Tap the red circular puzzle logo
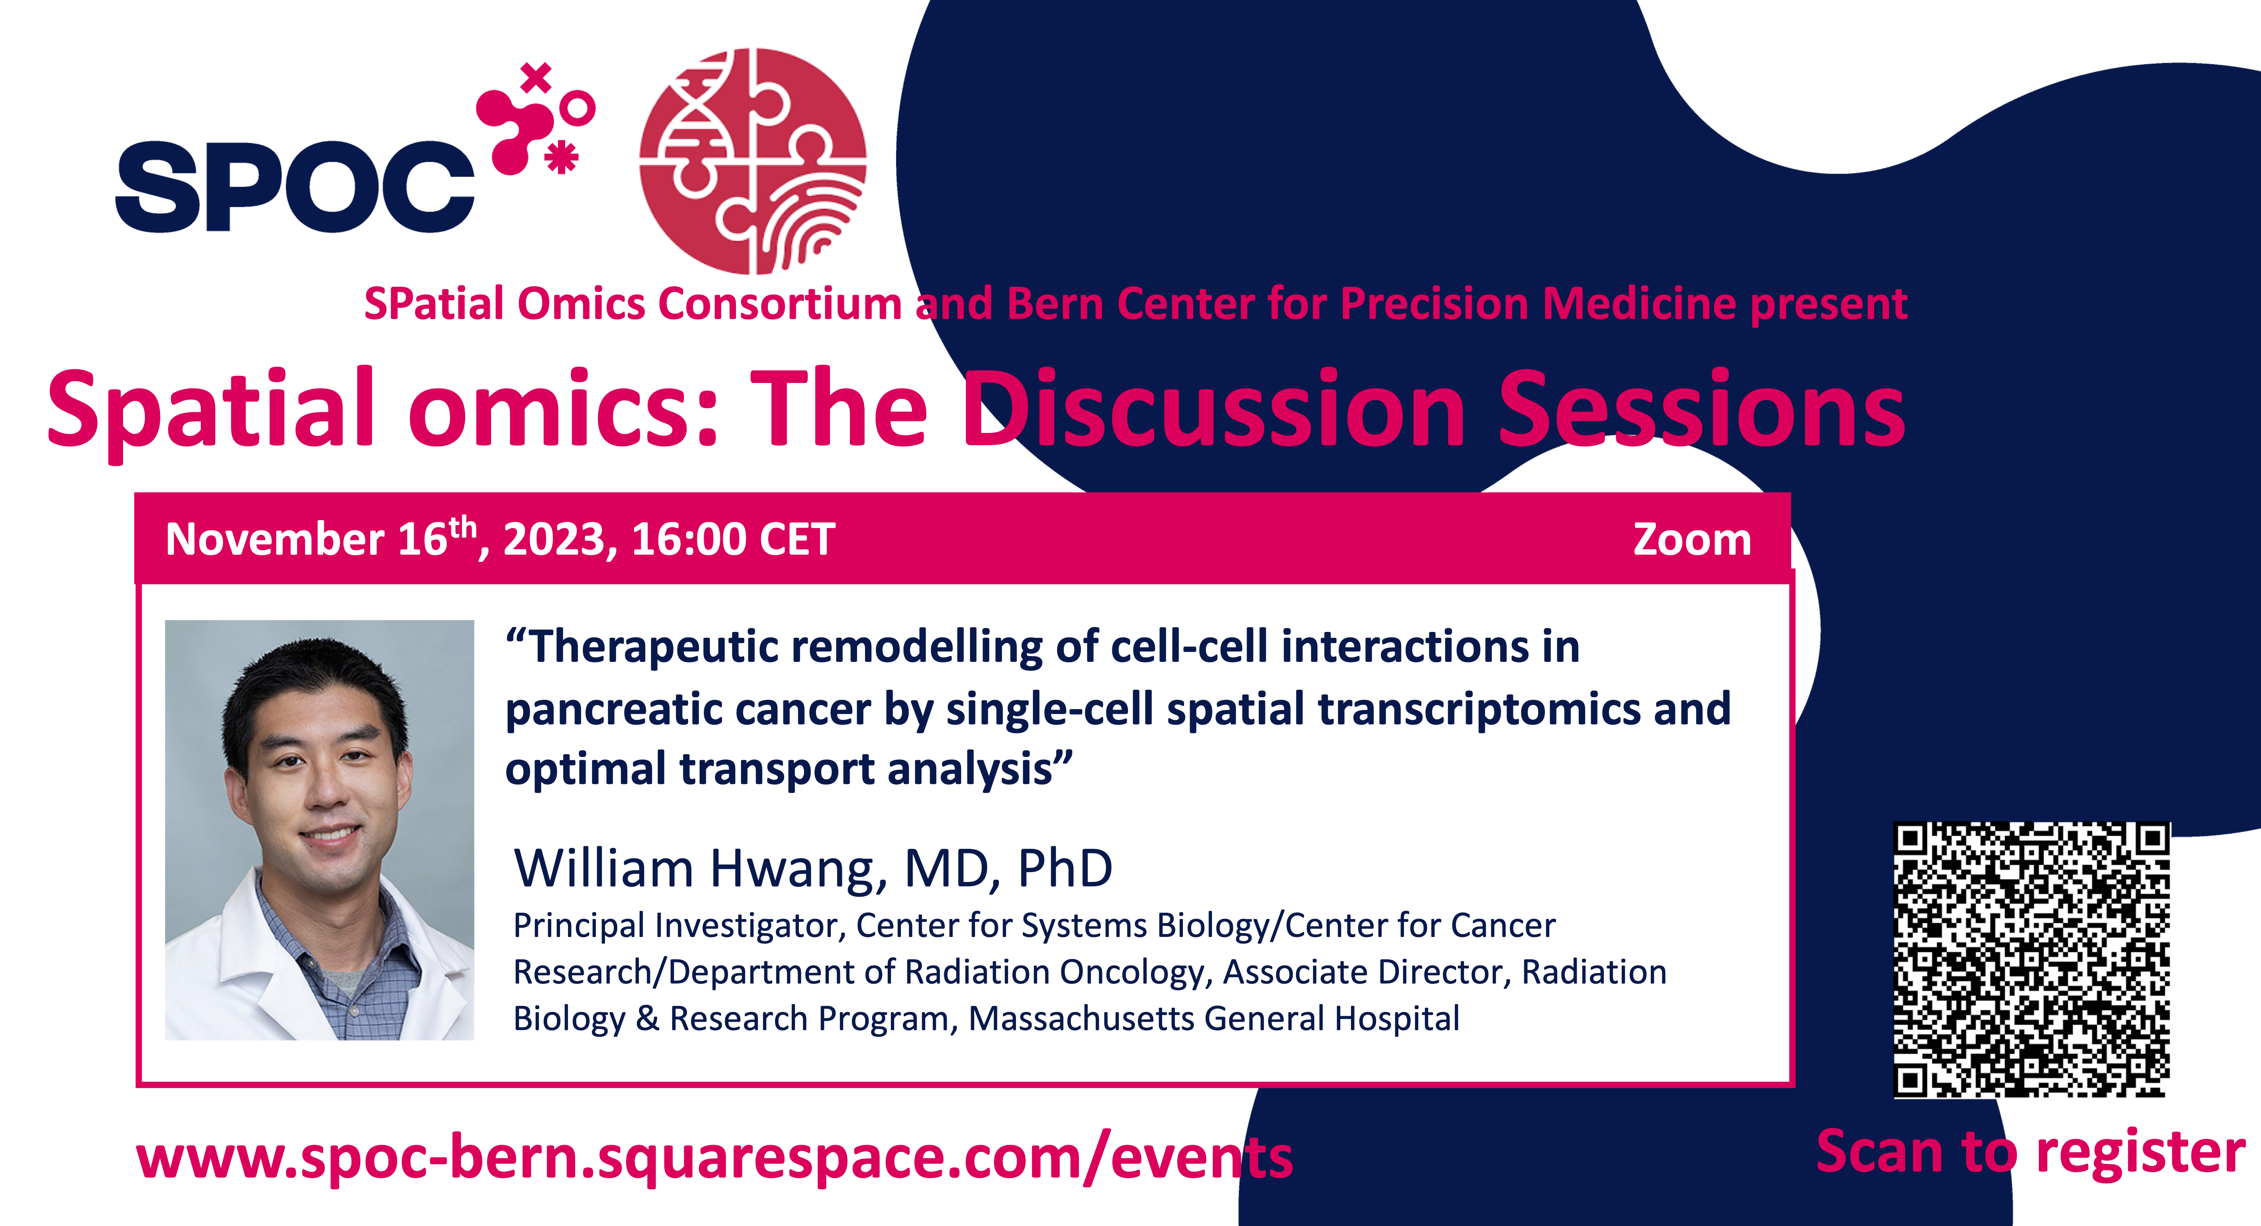(x=753, y=160)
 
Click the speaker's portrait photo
(x=319, y=830)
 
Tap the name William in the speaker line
(x=604, y=869)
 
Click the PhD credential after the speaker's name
(x=1065, y=869)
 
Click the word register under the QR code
(x=2141, y=1152)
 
